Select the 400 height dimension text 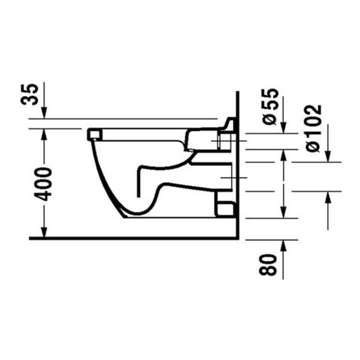click(x=42, y=184)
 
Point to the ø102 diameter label click(x=314, y=128)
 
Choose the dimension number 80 click(x=267, y=264)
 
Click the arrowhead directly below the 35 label click(x=44, y=112)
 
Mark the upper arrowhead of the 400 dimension click(x=44, y=135)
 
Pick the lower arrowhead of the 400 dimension click(x=44, y=231)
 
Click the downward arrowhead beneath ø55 click(x=284, y=127)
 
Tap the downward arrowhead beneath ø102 click(x=328, y=156)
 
